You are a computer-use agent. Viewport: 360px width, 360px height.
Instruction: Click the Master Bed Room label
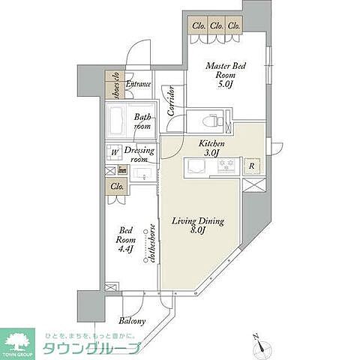(226, 75)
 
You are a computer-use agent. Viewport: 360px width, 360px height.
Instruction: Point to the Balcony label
(133, 322)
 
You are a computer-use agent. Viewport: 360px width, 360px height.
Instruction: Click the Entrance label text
(139, 85)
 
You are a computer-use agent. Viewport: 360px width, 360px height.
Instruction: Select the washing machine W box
(115, 151)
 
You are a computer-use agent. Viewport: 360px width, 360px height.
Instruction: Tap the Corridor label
(172, 100)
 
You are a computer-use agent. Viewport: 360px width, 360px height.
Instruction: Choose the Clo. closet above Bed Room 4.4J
(117, 187)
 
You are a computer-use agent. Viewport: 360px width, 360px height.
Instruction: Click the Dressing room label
(142, 154)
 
